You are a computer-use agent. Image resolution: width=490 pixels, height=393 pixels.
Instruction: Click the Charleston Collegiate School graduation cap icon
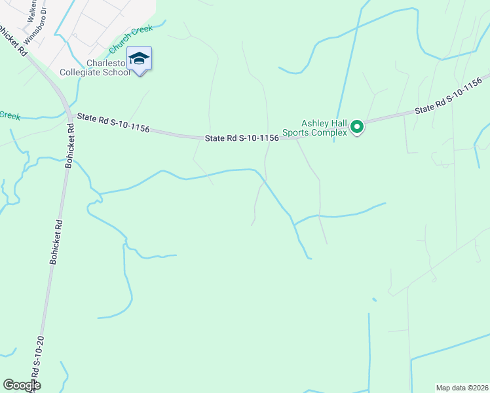coord(139,59)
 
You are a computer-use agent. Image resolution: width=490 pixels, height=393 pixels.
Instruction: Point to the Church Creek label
coord(130,40)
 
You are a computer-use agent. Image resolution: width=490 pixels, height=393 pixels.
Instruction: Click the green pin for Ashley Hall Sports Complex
coord(357,126)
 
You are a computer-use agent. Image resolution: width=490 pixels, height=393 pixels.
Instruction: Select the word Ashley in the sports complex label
coord(314,122)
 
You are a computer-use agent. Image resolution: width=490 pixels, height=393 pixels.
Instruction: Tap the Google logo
coord(21,385)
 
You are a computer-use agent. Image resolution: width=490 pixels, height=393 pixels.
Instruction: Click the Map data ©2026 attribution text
coord(462,388)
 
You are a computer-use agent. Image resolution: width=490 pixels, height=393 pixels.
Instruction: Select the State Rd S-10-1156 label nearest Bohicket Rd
coord(113,123)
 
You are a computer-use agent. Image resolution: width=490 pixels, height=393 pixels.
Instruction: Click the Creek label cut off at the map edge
coord(10,115)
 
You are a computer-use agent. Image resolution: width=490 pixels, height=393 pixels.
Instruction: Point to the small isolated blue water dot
coord(374,300)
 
